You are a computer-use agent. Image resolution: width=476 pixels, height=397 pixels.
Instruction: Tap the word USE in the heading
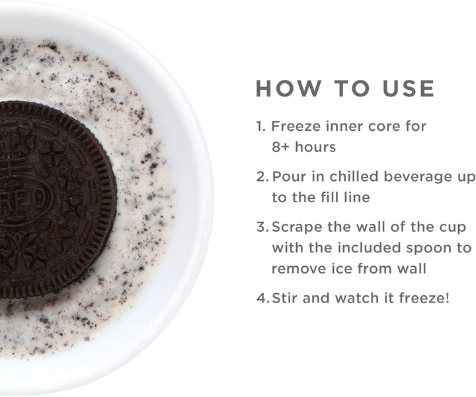[x=409, y=89]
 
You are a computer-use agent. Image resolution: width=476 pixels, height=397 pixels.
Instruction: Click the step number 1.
[x=260, y=126]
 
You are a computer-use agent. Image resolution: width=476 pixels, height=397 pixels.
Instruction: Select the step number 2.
[x=262, y=177]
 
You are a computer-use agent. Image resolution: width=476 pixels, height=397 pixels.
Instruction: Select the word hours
[x=315, y=147]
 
